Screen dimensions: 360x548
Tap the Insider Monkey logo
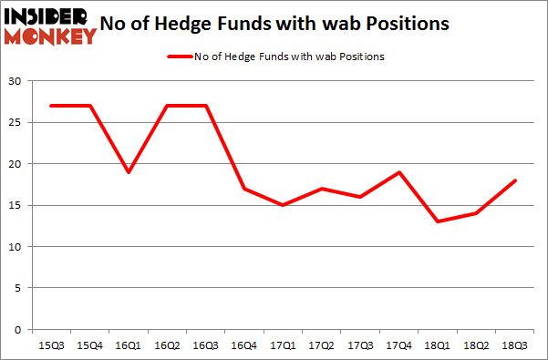click(x=49, y=25)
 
